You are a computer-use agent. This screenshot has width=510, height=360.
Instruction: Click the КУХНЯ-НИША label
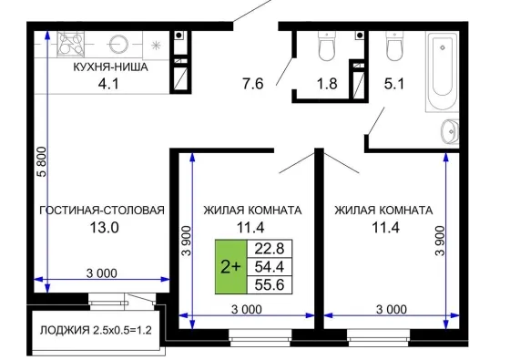tap(110, 67)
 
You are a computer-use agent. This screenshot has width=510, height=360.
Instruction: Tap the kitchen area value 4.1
tap(108, 84)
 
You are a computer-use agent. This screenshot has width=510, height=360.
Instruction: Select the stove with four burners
tap(71, 44)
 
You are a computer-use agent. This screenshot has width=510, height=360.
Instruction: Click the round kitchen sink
tap(118, 44)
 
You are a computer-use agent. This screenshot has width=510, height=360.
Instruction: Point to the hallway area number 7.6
tap(253, 84)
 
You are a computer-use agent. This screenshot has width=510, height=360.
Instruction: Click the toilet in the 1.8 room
tap(327, 46)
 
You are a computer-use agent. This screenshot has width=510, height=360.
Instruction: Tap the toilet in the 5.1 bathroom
tap(394, 46)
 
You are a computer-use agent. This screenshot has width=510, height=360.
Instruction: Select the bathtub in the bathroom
tap(443, 72)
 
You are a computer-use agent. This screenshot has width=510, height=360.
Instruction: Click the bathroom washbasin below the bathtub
tap(450, 131)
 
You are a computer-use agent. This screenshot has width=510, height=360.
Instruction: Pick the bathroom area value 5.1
tap(394, 84)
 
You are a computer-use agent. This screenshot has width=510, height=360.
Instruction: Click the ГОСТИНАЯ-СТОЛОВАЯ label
tap(102, 211)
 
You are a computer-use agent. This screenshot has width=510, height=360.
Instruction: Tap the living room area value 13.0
tap(104, 228)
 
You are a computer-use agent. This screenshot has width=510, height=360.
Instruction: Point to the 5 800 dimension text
tap(42, 162)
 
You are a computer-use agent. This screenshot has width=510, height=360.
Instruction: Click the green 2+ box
tap(231, 267)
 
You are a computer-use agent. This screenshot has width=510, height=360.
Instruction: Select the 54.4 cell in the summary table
tap(270, 267)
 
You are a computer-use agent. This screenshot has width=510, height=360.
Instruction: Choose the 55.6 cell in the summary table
tap(270, 285)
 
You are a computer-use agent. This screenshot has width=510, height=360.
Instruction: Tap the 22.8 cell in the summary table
tap(270, 249)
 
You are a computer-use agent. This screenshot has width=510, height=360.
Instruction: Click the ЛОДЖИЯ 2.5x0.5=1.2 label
tap(96, 330)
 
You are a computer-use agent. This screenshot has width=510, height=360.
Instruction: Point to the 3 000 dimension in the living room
tap(101, 273)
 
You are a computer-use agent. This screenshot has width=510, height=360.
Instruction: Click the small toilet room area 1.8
tap(327, 84)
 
